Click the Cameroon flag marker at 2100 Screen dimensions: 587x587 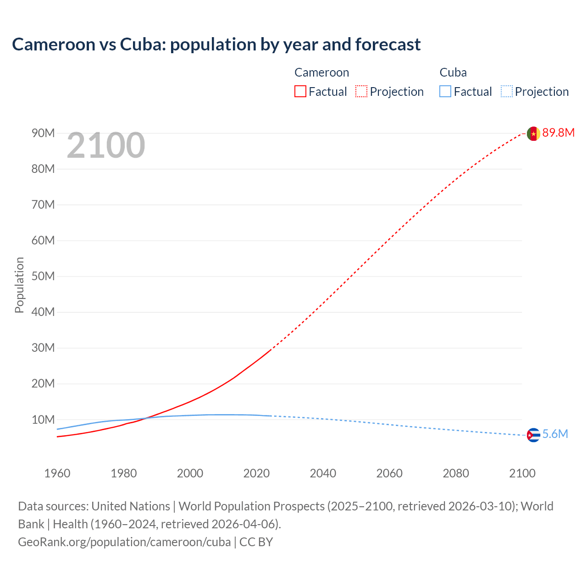coord(533,133)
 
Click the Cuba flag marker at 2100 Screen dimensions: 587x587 coord(533,435)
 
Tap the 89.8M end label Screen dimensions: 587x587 coord(558,133)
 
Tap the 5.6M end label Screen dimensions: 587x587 coord(555,434)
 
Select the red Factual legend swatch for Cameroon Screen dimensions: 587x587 coord(300,92)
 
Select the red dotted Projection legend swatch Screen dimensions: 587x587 coord(361,92)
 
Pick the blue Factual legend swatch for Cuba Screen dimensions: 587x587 coord(445,92)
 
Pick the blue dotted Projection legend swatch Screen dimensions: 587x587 coord(507,92)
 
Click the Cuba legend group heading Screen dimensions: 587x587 coord(453,72)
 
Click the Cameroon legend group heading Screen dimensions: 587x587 coord(321,72)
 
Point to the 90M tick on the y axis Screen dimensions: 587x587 coord(43,133)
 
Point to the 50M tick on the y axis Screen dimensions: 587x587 coord(43,277)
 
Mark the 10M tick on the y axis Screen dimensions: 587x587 coord(43,420)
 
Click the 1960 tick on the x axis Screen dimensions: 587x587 coord(57,473)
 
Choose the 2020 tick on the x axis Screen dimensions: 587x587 coord(256,473)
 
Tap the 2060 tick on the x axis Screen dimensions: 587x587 coord(389,473)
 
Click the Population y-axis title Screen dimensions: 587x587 coord(19,285)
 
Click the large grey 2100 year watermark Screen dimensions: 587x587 coord(106,146)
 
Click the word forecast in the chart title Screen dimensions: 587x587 coord(388,44)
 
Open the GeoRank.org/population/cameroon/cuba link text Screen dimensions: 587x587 coord(124,542)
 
